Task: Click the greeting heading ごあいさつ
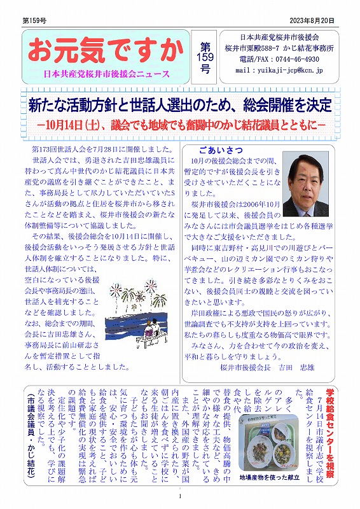click(219, 151)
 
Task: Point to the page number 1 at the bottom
click(181, 497)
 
